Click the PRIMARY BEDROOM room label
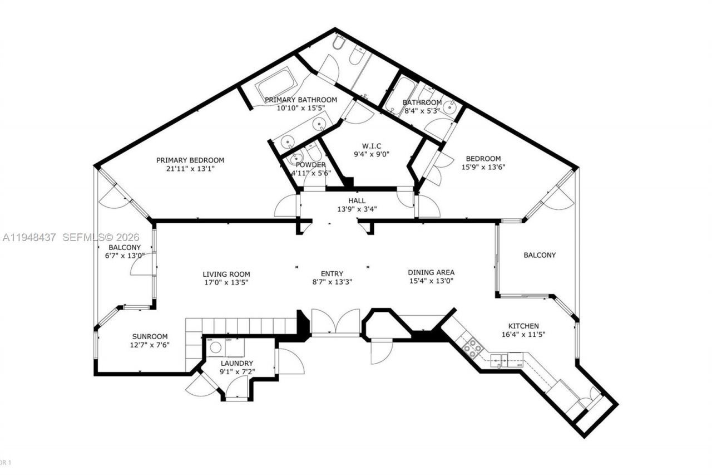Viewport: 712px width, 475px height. point(190,160)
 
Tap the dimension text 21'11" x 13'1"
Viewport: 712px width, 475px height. point(190,169)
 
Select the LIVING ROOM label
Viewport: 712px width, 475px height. point(226,274)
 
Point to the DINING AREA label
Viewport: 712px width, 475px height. point(431,272)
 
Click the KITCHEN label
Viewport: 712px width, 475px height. point(523,326)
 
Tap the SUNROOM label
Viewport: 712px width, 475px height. point(150,336)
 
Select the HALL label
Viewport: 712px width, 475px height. point(357,200)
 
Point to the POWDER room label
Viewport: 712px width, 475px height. point(310,165)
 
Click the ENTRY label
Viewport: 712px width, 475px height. point(332,273)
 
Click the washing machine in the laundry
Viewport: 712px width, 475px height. point(216,347)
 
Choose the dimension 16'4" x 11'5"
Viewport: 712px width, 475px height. point(523,335)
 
